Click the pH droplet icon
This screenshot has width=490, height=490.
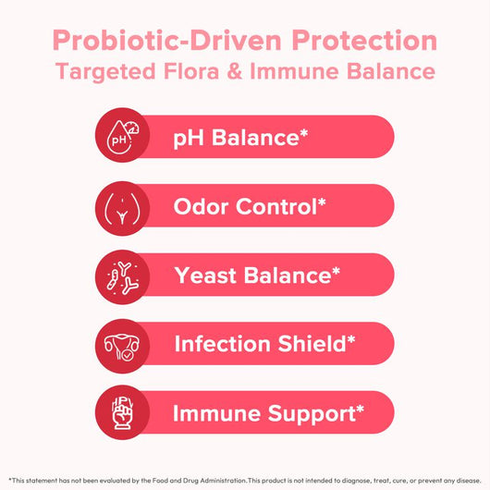point(117,137)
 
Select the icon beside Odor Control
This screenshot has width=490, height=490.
point(117,205)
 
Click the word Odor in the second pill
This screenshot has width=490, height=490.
point(203,205)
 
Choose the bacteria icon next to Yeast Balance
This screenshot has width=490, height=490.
point(117,275)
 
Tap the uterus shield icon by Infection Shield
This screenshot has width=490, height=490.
point(117,343)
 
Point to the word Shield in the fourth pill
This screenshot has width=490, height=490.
point(313,343)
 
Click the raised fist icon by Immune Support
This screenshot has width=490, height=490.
point(117,412)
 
